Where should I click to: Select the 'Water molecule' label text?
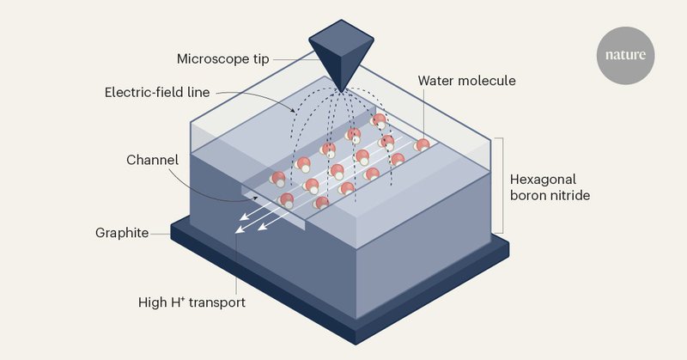[x=466, y=81]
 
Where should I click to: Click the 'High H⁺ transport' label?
[x=192, y=302]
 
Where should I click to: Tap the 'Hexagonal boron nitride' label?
[x=550, y=187]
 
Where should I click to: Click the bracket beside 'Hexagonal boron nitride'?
[x=501, y=185]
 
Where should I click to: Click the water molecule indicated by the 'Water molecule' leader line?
[x=422, y=144]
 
